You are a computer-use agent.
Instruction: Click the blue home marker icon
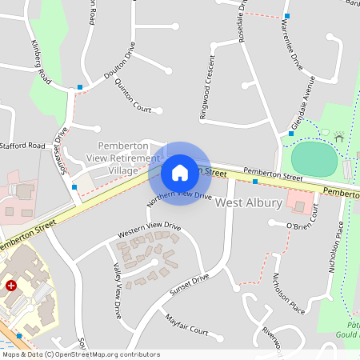180,172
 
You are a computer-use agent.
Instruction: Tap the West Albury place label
249,203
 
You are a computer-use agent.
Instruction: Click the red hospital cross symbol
11,285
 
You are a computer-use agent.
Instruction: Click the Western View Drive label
150,230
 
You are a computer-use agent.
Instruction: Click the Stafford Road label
23,146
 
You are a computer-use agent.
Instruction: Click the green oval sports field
314,158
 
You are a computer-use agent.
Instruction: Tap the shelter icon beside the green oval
338,138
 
